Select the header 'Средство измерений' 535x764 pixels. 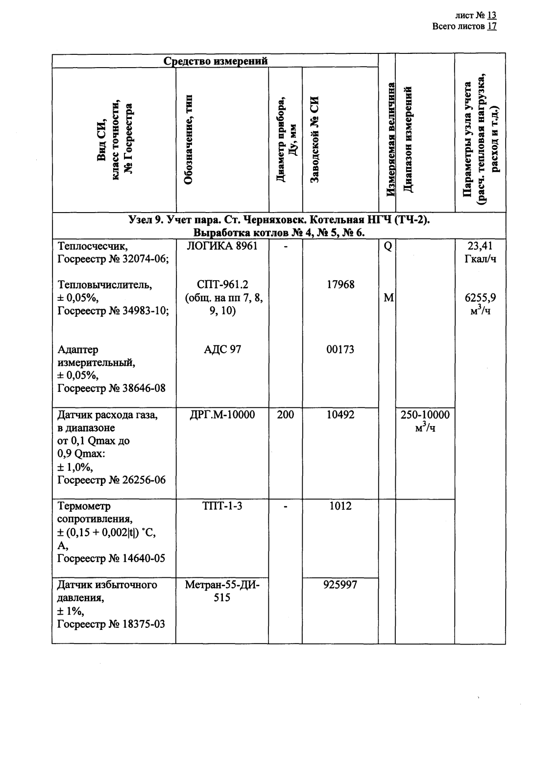216,61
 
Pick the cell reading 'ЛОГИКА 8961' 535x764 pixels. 222,246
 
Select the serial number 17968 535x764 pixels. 340,285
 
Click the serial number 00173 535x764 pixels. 340,350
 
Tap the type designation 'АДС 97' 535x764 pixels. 222,350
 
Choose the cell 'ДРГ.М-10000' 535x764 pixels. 222,415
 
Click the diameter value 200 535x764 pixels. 285,415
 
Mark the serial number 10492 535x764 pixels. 340,415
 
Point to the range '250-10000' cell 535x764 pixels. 425,415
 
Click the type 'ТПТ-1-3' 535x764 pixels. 222,506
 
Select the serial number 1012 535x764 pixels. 340,506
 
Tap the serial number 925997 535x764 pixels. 340,585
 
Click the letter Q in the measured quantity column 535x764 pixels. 388,246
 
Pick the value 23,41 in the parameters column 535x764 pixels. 480,246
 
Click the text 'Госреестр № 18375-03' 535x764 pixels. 111,624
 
